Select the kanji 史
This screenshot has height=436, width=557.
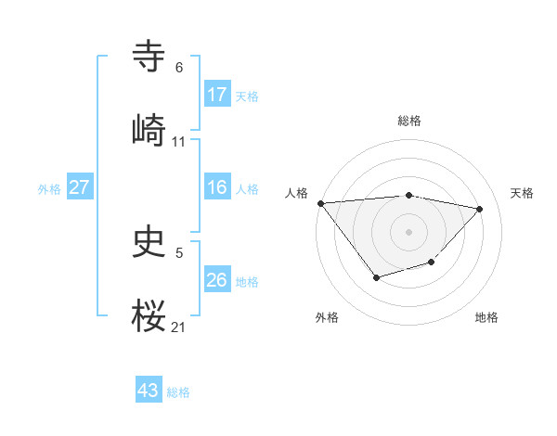[149, 242]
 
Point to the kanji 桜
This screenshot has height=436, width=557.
[149, 314]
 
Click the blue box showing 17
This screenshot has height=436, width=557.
[217, 95]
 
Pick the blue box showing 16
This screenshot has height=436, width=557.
[217, 187]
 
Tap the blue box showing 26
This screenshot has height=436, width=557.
[217, 280]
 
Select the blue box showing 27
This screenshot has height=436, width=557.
[80, 187]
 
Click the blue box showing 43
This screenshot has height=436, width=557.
[149, 391]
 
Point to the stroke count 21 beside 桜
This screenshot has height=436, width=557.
[179, 327]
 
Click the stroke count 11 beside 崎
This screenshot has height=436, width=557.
[179, 142]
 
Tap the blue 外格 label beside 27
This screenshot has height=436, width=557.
[49, 188]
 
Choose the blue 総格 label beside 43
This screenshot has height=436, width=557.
[178, 392]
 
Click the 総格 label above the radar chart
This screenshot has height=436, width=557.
[409, 121]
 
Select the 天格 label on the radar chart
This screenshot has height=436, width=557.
[522, 193]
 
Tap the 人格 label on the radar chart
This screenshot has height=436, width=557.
[297, 193]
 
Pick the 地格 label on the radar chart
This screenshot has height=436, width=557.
[486, 317]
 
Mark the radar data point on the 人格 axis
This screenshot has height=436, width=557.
[320, 203]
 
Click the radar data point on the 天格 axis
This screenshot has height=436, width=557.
[480, 209]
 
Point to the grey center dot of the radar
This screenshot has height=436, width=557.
[409, 231]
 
